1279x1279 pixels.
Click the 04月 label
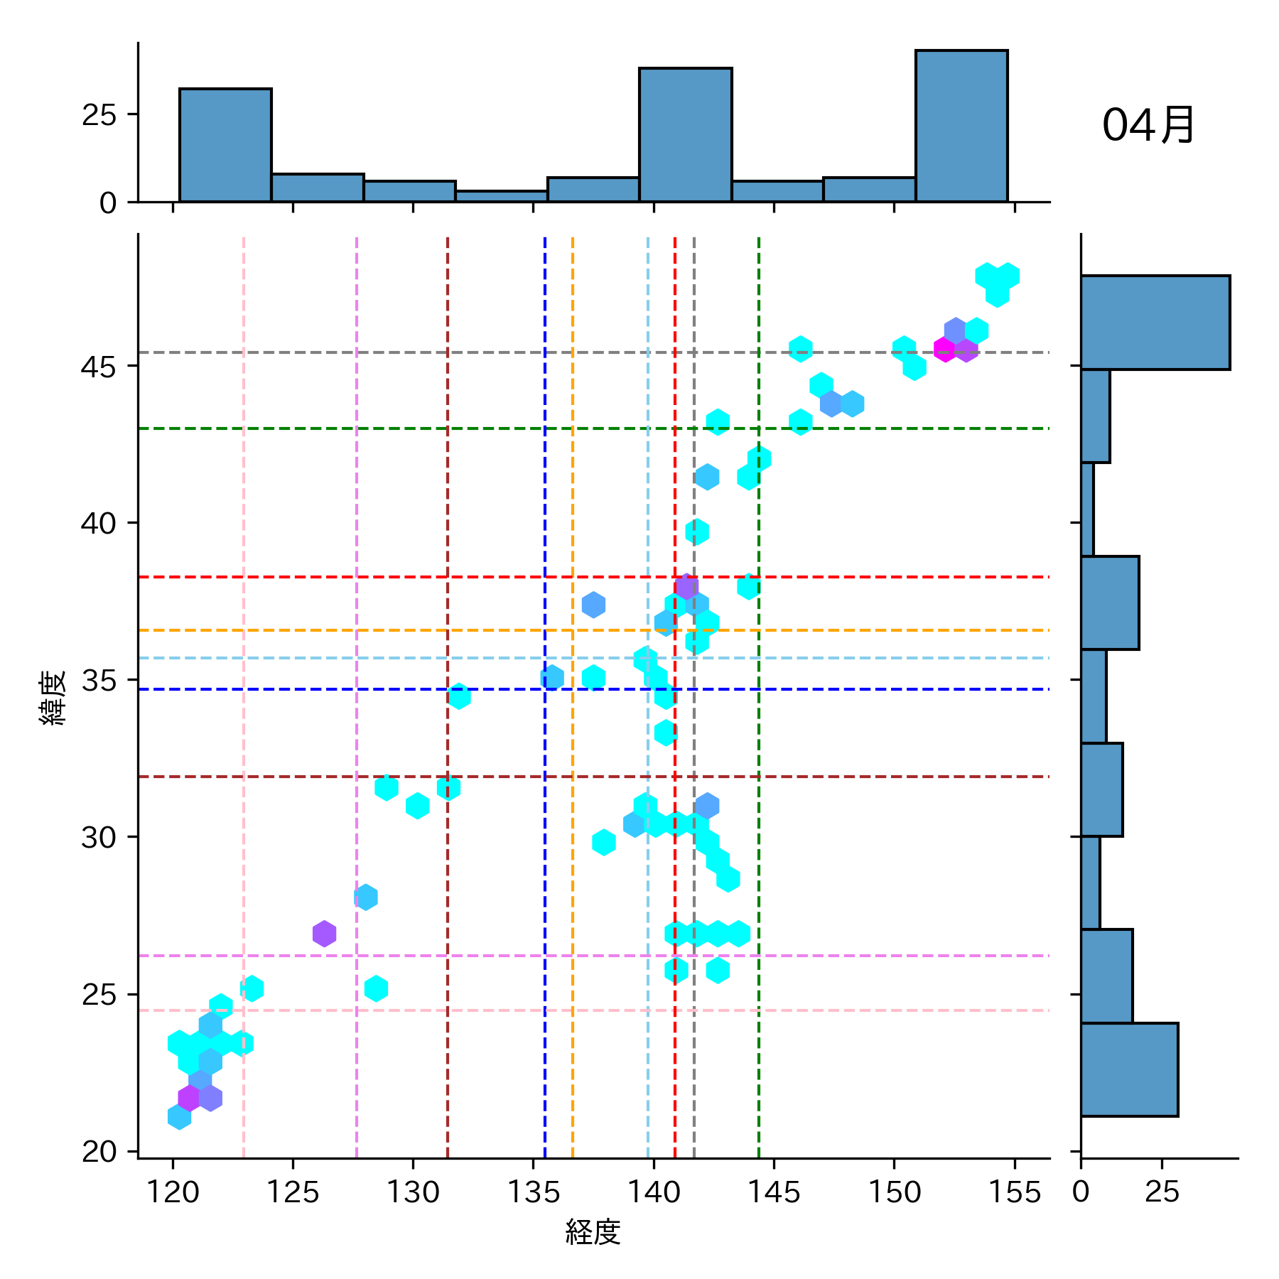click(1148, 126)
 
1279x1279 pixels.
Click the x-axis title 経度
click(593, 1232)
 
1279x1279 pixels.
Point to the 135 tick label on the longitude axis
click(533, 1192)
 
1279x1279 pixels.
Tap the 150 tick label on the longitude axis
click(894, 1192)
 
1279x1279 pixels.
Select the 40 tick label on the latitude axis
click(99, 524)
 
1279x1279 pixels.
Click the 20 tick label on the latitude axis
click(99, 1151)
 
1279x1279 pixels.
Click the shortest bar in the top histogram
click(501, 196)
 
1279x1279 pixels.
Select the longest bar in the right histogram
click(1155, 322)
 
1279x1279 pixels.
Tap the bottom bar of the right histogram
click(1129, 1069)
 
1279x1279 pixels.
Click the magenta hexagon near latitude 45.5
click(944, 349)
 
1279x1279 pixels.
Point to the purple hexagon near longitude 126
click(324, 934)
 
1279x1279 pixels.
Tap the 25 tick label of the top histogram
click(99, 115)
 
